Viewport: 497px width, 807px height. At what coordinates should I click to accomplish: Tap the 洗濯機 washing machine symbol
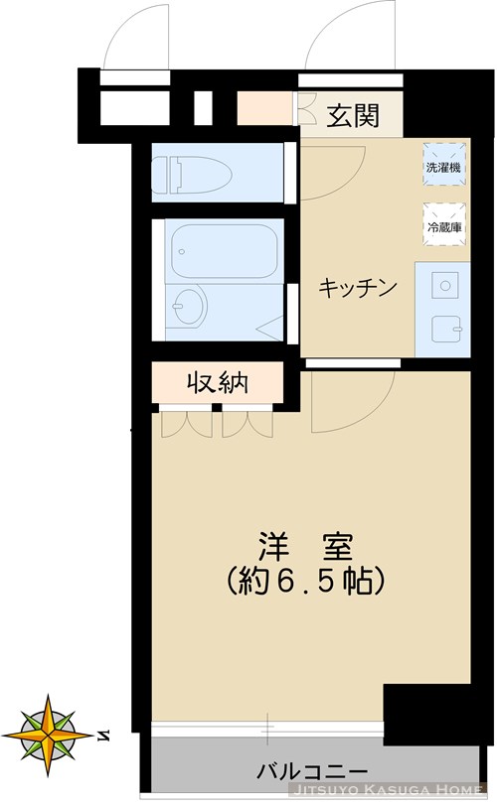click(x=443, y=166)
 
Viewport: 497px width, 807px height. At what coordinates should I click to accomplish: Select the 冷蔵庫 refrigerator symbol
click(x=443, y=224)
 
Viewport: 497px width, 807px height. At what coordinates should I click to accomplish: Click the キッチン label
click(x=358, y=288)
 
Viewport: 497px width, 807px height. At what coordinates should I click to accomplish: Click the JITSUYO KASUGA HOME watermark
click(x=387, y=790)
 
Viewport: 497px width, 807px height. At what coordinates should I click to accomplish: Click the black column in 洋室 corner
click(x=416, y=715)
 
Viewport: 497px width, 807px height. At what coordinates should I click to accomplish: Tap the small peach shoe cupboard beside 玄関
click(x=264, y=109)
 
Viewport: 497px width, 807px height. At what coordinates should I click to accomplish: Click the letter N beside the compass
click(x=104, y=735)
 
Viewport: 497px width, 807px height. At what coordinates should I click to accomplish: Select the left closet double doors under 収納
click(x=185, y=423)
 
